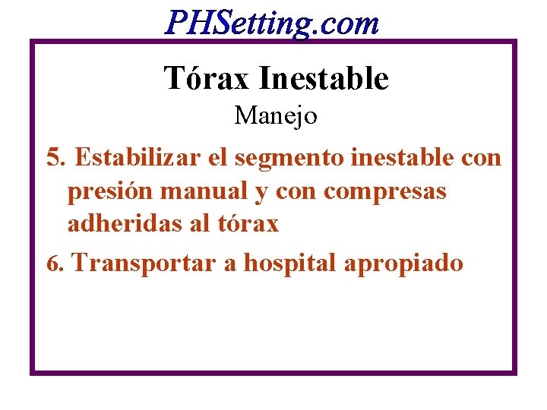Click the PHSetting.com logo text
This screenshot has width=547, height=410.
pos(272,23)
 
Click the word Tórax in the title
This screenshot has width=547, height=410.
pos(206,78)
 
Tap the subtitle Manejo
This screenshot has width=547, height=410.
pos(276,116)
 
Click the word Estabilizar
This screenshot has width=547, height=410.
pos(128,158)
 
